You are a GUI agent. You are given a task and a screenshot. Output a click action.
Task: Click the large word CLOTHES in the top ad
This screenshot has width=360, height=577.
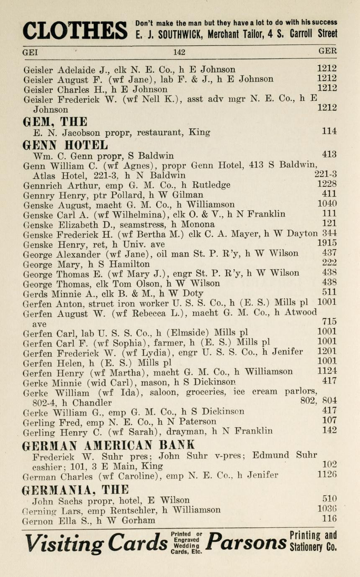pos(75,30)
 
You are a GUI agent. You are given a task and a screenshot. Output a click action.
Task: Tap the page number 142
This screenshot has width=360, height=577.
pos(179,52)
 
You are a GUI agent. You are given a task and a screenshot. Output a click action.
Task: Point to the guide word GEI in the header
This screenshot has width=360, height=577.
pos(30,52)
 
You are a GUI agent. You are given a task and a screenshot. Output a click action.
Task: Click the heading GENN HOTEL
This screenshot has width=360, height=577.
pos(65,145)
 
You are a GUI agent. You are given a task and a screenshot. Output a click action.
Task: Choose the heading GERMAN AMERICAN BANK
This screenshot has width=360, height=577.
pos(108,444)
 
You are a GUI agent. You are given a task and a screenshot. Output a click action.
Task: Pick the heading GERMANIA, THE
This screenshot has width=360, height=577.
pos(75,490)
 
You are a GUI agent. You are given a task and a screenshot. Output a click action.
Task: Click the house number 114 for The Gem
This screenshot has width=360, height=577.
pos(329,131)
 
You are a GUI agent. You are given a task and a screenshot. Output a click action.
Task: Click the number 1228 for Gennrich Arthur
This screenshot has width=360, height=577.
pos(327,184)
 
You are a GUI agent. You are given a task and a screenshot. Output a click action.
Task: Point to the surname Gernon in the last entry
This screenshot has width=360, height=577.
pos(38,521)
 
